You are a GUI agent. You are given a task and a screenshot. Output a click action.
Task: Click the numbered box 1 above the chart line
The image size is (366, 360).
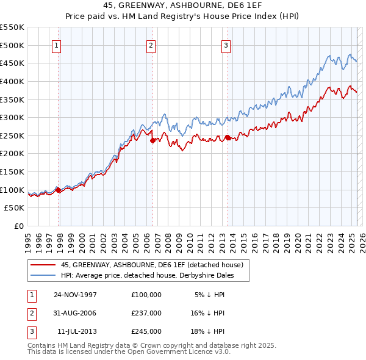(x=56, y=45)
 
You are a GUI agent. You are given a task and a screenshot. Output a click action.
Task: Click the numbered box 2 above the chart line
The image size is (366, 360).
(x=151, y=45)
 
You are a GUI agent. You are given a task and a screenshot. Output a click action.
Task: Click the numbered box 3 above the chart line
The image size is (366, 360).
(x=226, y=45)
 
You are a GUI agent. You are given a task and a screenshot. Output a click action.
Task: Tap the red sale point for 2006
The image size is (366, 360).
(x=153, y=140)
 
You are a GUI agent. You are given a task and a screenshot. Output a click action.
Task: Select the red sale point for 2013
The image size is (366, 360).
(x=228, y=137)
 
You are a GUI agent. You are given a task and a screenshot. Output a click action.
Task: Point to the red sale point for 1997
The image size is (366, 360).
(x=59, y=190)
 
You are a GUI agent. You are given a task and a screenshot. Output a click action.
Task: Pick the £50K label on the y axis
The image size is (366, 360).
(x=15, y=208)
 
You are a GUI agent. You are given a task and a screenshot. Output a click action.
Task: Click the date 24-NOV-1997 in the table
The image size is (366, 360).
(x=76, y=295)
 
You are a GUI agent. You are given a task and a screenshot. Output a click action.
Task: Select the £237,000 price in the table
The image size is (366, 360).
(x=146, y=313)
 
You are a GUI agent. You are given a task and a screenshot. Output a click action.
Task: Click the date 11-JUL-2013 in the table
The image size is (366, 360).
(x=76, y=331)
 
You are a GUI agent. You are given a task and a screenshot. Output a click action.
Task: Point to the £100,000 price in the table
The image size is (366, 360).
(x=146, y=295)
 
